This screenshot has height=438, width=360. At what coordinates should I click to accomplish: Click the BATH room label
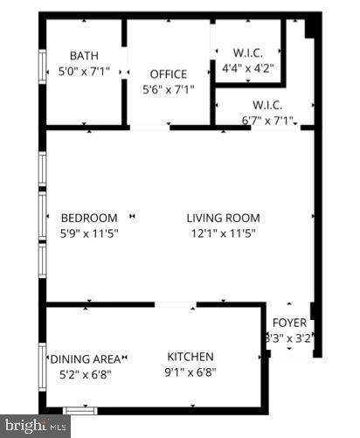(x=84, y=55)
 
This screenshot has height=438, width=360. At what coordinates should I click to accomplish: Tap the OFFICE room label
(x=168, y=73)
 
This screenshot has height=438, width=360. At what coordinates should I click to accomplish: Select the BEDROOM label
(x=88, y=218)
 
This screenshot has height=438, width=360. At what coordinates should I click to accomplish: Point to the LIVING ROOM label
(x=223, y=218)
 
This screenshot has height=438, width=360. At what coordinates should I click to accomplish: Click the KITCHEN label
(x=190, y=357)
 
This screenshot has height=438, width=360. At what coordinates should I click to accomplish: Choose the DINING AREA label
(x=85, y=358)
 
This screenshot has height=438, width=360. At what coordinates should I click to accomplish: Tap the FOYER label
(x=289, y=323)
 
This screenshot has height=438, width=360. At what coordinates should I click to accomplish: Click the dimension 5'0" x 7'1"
(x=84, y=72)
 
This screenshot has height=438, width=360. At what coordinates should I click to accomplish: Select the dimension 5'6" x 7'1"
(x=168, y=89)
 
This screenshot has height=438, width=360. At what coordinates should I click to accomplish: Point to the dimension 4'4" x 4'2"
(x=248, y=66)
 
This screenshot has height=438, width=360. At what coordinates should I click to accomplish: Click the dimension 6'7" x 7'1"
(x=267, y=121)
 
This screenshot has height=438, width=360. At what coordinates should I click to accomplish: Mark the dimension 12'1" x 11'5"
(x=223, y=233)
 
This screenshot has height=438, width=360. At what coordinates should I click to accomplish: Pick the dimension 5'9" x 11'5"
(x=88, y=233)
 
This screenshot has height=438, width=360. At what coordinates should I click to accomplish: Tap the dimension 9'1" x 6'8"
(x=190, y=372)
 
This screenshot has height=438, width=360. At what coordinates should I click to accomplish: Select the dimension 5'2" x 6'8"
(x=85, y=373)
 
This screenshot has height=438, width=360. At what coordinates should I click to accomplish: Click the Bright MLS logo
(x=34, y=428)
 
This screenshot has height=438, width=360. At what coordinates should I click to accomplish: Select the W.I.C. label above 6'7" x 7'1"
(x=267, y=106)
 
